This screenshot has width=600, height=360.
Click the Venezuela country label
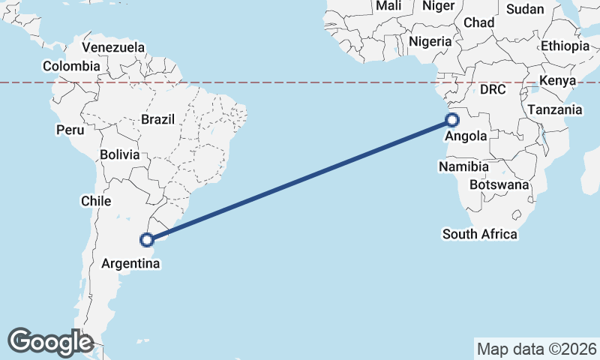[113, 47]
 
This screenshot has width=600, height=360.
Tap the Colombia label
[71, 66]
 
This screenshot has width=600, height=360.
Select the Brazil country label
[157, 119]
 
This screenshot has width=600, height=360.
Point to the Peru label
[70, 130]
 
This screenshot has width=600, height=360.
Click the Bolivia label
[120, 155]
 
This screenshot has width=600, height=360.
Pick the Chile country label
[95, 201]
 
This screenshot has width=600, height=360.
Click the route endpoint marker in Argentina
[148, 239]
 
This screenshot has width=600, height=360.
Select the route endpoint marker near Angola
[452, 120]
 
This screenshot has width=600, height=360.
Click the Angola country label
[466, 136]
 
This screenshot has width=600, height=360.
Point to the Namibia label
[464, 166]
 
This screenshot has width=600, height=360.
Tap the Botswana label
[499, 184]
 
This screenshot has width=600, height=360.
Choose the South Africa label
[480, 234]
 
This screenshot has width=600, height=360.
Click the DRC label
[493, 89]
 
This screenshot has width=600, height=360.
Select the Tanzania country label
[554, 109]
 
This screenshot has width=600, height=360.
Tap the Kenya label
[557, 80]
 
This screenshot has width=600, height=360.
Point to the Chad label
[479, 22]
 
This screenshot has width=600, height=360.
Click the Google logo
[50, 342]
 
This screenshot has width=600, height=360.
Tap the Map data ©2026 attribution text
[537, 349]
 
